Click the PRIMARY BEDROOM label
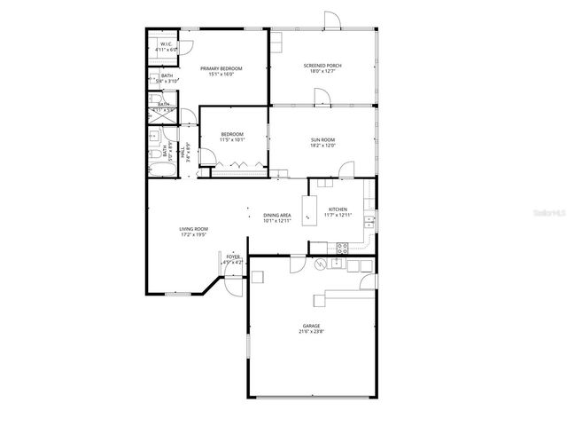[x=221, y=68]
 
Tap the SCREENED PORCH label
[x=322, y=66]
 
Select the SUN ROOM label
[x=322, y=139]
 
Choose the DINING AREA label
[x=277, y=215]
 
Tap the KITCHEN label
[x=338, y=209]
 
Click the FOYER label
[x=232, y=256]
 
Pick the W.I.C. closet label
[x=166, y=44]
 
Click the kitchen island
[x=309, y=209]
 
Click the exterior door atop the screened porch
[x=330, y=20]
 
